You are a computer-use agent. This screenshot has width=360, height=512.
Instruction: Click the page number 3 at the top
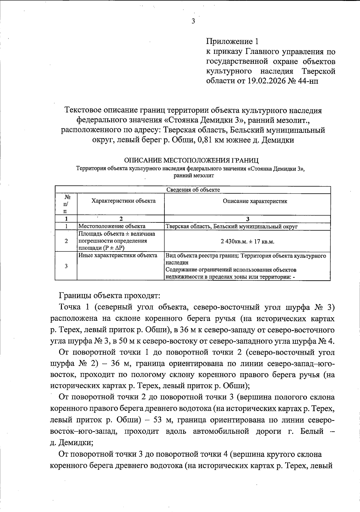193,21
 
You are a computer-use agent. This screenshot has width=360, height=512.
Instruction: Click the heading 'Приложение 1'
232,41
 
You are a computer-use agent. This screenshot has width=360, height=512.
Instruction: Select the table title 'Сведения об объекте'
193,190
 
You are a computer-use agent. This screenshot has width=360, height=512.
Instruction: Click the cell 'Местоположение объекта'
112,226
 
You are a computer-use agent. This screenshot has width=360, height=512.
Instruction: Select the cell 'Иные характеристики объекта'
118,255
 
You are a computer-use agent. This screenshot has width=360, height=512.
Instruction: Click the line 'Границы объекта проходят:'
110,296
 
